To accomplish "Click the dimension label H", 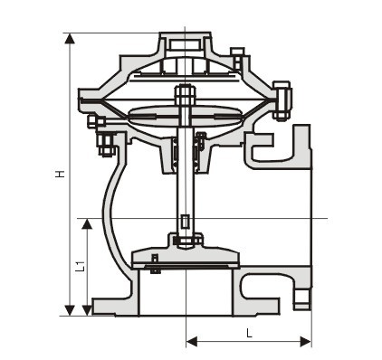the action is [62, 174].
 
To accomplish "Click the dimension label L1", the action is [80, 266].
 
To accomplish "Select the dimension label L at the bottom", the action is [249, 333].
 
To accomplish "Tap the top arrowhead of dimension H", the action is [70, 39].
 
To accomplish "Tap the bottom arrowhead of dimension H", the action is [70, 310].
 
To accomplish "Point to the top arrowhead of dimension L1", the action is [87, 224].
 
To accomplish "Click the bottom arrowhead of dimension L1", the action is [87, 310].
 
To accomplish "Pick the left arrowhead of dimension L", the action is [192, 342].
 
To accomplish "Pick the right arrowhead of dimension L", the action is [305, 342].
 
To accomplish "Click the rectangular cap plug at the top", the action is [185, 44].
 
